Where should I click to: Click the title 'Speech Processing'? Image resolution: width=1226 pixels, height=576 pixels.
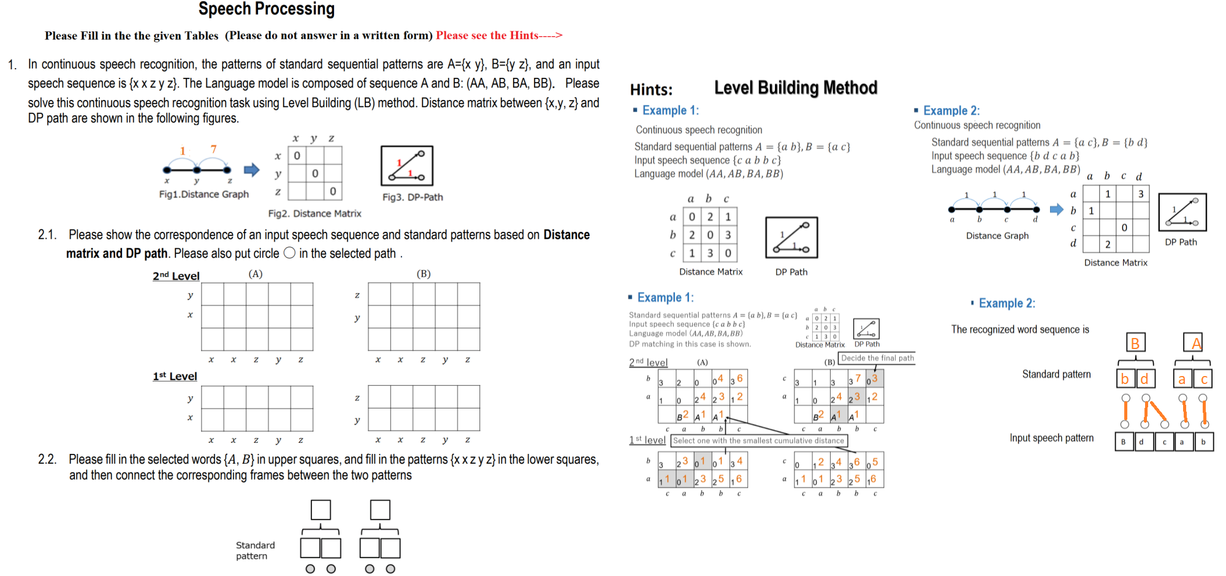click(x=266, y=9)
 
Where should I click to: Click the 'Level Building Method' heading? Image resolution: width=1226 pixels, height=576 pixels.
click(x=795, y=88)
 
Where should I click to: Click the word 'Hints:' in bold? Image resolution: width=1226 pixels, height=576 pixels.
click(x=651, y=90)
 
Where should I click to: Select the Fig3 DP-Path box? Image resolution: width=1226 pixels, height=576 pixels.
click(x=406, y=166)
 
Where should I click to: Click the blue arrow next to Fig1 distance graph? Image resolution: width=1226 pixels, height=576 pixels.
click(x=251, y=170)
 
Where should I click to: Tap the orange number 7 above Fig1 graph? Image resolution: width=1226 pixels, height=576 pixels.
click(x=213, y=149)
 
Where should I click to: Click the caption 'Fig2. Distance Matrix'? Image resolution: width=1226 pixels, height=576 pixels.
click(x=314, y=213)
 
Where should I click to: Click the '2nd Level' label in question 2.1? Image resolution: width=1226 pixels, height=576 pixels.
click(x=176, y=276)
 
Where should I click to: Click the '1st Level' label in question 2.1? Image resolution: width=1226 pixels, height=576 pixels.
click(x=175, y=376)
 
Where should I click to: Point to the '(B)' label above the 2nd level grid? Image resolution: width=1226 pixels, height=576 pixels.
click(x=424, y=274)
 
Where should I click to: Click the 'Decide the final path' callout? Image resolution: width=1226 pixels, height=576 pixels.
click(x=877, y=358)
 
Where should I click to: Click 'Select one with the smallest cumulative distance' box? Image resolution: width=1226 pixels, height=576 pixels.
click(x=758, y=440)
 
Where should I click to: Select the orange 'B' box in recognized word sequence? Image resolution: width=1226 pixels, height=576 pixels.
click(x=1135, y=343)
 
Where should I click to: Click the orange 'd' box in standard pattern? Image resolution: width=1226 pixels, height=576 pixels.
click(x=1144, y=378)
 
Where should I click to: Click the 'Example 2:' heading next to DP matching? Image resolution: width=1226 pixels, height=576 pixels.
click(x=1006, y=303)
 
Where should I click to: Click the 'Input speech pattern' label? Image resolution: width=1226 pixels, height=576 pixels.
click(x=1051, y=438)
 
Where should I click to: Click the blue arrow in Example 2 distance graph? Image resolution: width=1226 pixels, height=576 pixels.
click(x=1056, y=209)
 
